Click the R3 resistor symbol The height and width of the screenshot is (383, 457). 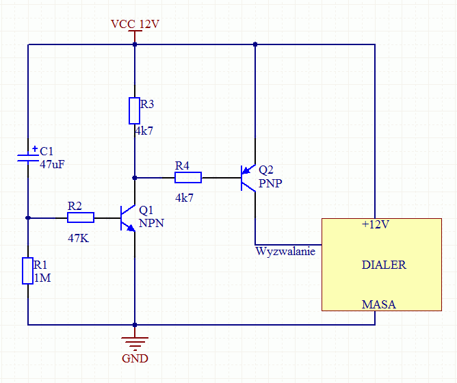pyautogui.click(x=134, y=111)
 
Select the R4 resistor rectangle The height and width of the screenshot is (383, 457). pyautogui.click(x=188, y=178)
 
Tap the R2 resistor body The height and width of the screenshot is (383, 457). pyautogui.click(x=81, y=217)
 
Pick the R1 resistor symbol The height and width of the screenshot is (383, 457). pyautogui.click(x=27, y=271)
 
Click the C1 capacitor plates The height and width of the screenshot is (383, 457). pyautogui.click(x=28, y=158)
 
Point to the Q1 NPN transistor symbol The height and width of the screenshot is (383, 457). pyautogui.click(x=128, y=218)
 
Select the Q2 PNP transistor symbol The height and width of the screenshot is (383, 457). pyautogui.click(x=248, y=178)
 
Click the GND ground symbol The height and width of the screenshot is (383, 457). pyautogui.click(x=135, y=343)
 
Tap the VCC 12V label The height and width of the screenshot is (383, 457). pyautogui.click(x=135, y=24)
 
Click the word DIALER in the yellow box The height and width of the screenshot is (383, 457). pyautogui.click(x=384, y=265)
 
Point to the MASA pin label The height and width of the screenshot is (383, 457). pyautogui.click(x=378, y=304)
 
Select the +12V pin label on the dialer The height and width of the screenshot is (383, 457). pyautogui.click(x=376, y=224)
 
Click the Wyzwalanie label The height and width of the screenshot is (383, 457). pyautogui.click(x=285, y=251)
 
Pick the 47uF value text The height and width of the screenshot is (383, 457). pyautogui.click(x=52, y=165)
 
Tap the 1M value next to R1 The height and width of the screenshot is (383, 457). pyautogui.click(x=42, y=278)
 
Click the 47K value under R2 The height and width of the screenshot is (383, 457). pyautogui.click(x=78, y=239)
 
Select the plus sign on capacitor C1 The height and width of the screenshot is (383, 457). pyautogui.click(x=35, y=149)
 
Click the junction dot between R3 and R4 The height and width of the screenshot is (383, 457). pyautogui.click(x=135, y=178)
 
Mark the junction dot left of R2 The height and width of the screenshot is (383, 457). pyautogui.click(x=28, y=217)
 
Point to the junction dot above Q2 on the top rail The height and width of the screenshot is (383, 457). pyautogui.click(x=255, y=44)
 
